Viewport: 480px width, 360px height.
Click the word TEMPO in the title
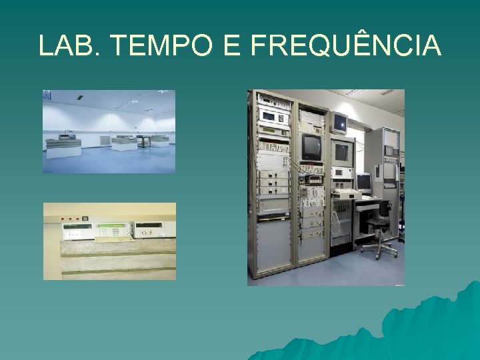159,45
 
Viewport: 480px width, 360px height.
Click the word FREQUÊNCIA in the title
345,45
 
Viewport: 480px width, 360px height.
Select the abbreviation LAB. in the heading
69,45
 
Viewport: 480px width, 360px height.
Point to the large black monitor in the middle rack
311,146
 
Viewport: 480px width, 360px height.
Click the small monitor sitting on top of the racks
340,121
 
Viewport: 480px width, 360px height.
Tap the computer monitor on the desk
363,181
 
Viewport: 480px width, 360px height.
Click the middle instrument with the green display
113,231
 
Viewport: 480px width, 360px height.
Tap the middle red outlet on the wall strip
69,217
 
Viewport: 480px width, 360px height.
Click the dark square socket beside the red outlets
86,217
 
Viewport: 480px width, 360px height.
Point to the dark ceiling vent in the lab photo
79,97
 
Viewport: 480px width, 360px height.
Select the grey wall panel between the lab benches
105,139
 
